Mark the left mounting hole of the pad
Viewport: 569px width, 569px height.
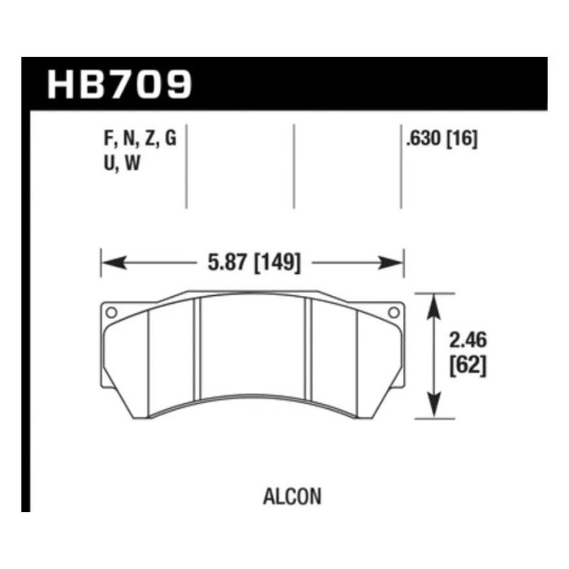111,311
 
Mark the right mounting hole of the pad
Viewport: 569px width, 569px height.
393,311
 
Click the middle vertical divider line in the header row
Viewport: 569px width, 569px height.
293,167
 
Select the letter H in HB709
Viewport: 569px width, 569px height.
63,84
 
